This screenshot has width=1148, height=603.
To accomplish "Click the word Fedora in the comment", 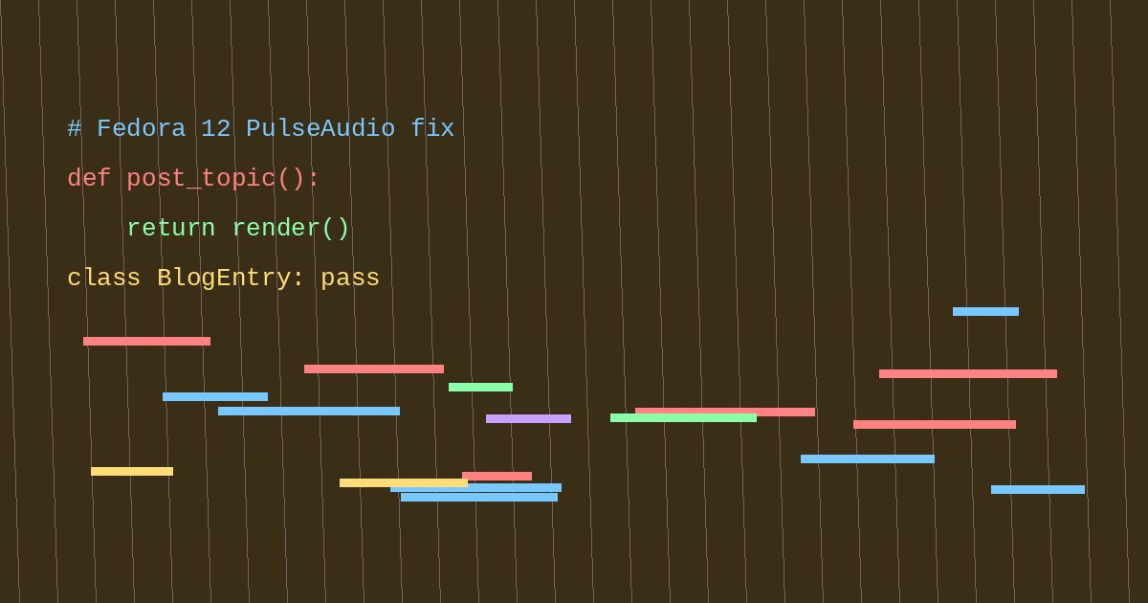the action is (x=141, y=128).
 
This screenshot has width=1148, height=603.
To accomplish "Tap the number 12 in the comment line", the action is (x=216, y=128).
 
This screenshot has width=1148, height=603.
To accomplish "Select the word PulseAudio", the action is (x=320, y=128).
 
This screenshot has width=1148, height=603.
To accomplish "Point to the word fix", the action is (x=432, y=128).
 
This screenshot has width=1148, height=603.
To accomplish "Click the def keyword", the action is (x=89, y=178).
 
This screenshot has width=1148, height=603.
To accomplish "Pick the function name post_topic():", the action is (x=222, y=179).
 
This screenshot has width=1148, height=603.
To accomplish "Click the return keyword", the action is (x=171, y=228).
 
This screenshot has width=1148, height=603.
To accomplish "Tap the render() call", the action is (x=291, y=228).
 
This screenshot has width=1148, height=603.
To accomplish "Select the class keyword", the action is (x=103, y=278).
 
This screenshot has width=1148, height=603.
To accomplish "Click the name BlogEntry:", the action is (x=231, y=279).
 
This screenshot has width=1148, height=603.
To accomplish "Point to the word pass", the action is (x=350, y=279).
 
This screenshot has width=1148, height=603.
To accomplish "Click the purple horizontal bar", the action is (x=528, y=419).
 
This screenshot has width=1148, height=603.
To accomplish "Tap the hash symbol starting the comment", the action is (x=75, y=128).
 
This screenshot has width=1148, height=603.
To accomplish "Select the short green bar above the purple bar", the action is (x=480, y=387).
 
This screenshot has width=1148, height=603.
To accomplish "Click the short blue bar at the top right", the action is (x=985, y=312).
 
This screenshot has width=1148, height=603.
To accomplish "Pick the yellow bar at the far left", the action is (x=132, y=472).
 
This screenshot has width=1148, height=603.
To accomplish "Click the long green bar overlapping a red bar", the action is (x=683, y=418).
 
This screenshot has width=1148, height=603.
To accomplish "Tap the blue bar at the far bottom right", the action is (x=1038, y=490).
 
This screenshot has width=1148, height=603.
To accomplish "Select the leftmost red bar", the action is (x=146, y=342).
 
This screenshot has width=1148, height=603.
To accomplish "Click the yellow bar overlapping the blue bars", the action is (x=404, y=483).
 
